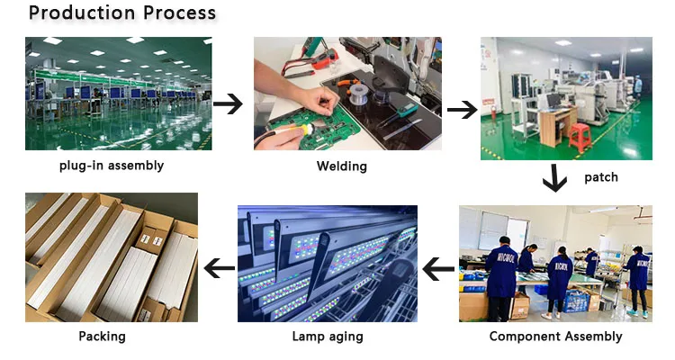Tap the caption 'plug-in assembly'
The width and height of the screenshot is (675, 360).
[112, 165]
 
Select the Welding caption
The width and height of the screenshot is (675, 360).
[341, 166]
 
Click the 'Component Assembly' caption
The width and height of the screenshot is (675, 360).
[555, 336]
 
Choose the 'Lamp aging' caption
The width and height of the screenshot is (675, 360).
[328, 337]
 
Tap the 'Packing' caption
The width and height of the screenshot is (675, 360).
[102, 336]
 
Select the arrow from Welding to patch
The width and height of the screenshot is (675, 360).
[462, 110]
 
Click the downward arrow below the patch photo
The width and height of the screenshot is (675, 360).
[554, 179]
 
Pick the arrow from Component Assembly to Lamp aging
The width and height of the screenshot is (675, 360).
[438, 267]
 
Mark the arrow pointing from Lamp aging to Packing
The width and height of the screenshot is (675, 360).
[219, 267]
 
